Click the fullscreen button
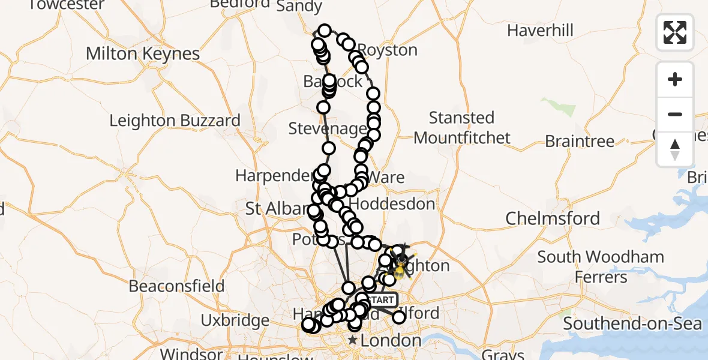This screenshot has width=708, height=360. coord(675,32)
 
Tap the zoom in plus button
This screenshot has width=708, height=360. coord(675,79)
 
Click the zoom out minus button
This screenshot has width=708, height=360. coord(675,114)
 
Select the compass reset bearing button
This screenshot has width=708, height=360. coord(675,149)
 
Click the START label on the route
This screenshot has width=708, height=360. coord(380,299)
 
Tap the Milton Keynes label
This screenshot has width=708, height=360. coord(142,53)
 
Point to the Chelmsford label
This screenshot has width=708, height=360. coord(553,218)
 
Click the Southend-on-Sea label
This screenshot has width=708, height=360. coord(632,323)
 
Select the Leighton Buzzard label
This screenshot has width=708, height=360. coord(175,121)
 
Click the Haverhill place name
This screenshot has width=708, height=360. coord(540,30)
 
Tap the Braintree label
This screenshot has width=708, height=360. coord(580,142)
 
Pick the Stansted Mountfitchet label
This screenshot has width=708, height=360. coord(462,127)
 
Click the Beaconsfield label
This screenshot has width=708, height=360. coord(176,286)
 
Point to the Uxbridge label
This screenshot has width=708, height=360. coord(235,320)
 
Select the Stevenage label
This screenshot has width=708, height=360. coord(328,128)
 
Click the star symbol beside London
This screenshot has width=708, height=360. coord(352,341)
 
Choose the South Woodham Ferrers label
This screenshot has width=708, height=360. coord(601,267)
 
